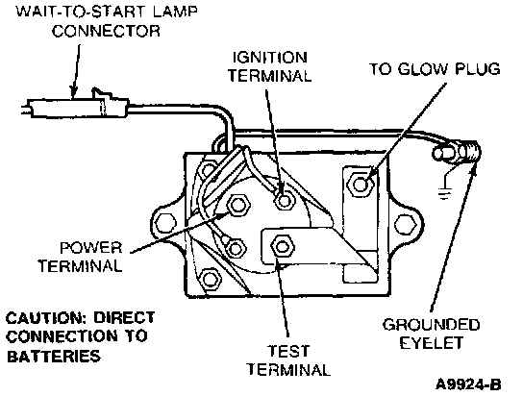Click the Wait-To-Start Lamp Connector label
(x=107, y=21)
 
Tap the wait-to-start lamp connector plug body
(x=77, y=108)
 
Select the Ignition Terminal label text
(x=269, y=66)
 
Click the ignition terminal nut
(x=285, y=200)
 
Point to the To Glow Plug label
(x=435, y=69)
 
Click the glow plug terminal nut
(x=361, y=184)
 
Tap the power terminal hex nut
(x=237, y=205)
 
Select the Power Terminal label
(x=80, y=257)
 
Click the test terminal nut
(x=283, y=247)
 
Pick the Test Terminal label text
(x=288, y=360)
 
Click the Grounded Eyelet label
(x=431, y=334)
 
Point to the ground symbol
(x=445, y=192)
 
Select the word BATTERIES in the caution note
(x=54, y=356)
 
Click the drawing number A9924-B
(x=468, y=384)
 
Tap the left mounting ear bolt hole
(x=165, y=222)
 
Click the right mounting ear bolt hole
(x=405, y=224)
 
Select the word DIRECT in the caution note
(x=124, y=318)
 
